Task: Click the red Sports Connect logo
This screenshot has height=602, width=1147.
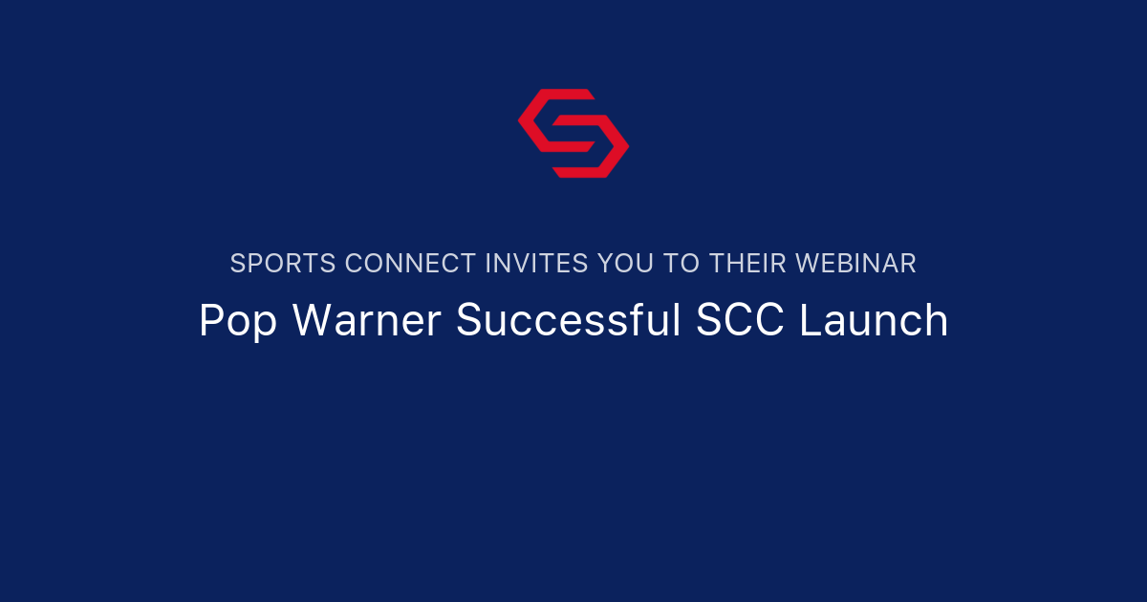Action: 573,133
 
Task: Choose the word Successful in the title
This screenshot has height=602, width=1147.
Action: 569,321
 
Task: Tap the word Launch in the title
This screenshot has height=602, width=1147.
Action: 874,321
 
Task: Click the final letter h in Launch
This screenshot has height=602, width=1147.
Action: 937,321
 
